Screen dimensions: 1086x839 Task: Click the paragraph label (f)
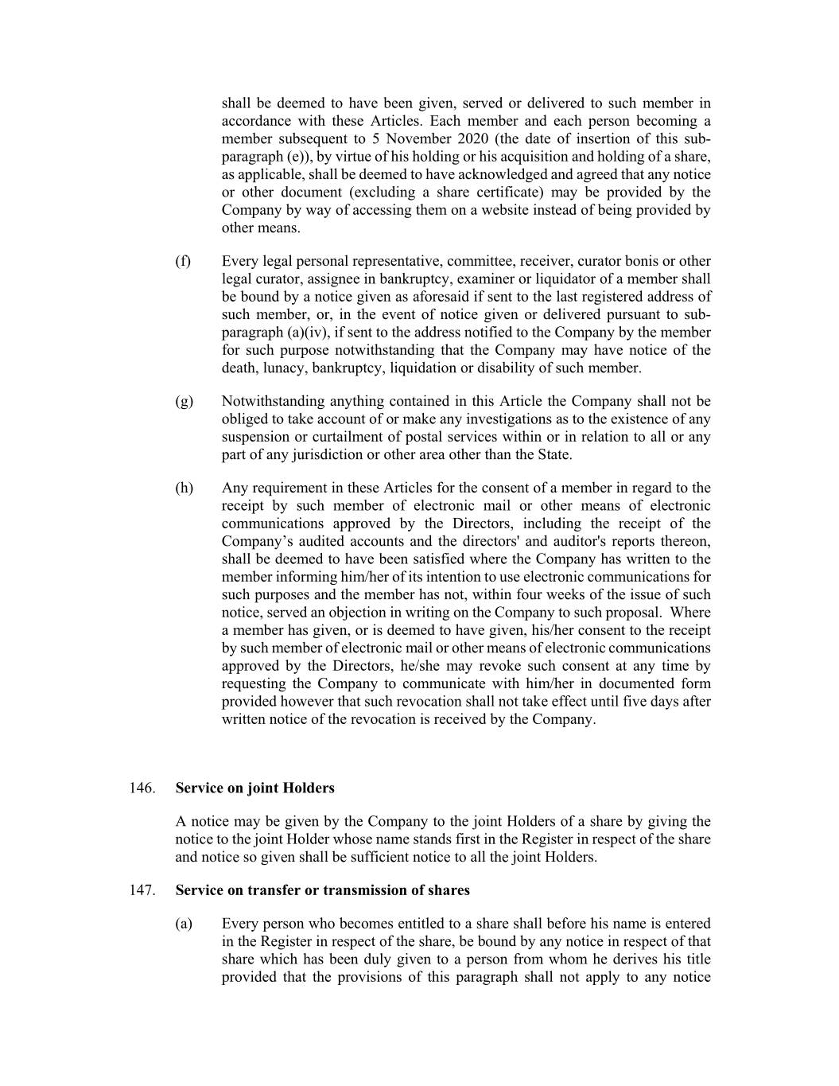coord(184,261)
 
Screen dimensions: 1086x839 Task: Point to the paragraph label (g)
coord(184,401)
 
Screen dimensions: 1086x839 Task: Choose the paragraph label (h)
coord(184,488)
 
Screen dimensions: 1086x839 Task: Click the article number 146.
coord(140,788)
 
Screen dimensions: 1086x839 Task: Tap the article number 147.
coord(140,889)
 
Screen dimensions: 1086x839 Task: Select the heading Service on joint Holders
coord(254,788)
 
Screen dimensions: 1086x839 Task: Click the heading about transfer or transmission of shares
coord(322,889)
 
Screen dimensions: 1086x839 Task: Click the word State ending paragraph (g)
coord(554,454)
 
